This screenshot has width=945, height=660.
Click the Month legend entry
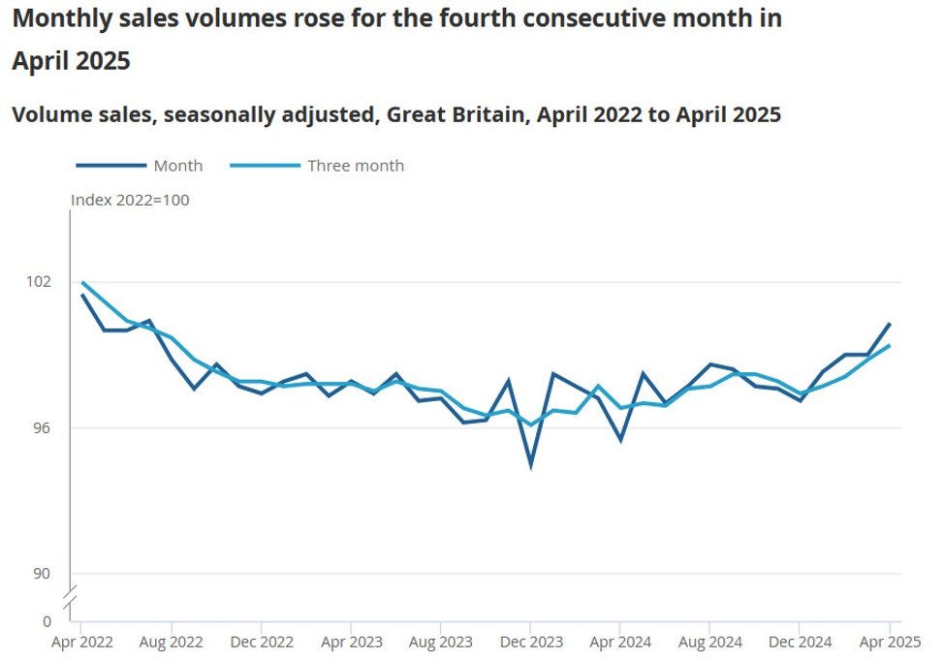coord(177,166)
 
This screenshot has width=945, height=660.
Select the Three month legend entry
coord(355,166)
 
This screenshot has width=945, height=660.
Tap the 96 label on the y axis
coord(43,427)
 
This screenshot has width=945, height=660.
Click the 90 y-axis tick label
coord(43,573)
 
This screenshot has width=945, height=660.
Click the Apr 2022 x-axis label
coord(80,642)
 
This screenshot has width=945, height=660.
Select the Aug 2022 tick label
coord(171,642)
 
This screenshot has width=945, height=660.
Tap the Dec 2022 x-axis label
coord(261,642)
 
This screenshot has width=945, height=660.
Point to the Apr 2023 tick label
coord(351,642)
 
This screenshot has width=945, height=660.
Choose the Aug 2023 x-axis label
coord(441,642)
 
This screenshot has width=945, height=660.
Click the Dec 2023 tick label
coord(531,642)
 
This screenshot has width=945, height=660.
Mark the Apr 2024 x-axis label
coord(620,642)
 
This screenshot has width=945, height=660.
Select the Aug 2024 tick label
coord(710,642)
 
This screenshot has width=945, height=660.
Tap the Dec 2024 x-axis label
coord(801,642)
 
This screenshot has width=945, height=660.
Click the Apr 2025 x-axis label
coord(889,642)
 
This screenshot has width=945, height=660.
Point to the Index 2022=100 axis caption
coord(130,201)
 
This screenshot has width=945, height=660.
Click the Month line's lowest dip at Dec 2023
coord(531,466)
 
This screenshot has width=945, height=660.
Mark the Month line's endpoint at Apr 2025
coord(890,324)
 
